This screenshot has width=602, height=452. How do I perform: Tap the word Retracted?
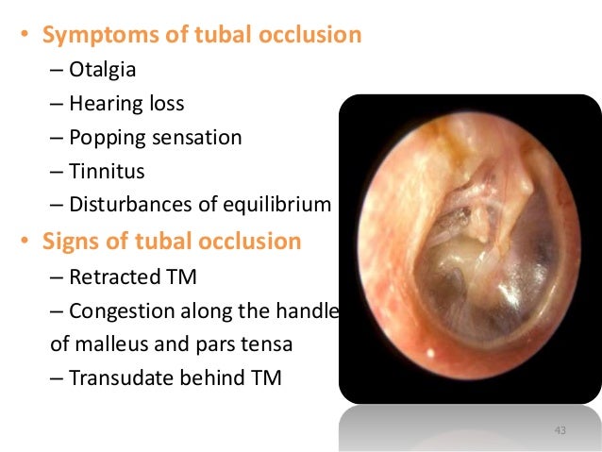tap(114, 276)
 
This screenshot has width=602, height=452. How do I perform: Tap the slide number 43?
tap(560, 431)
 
